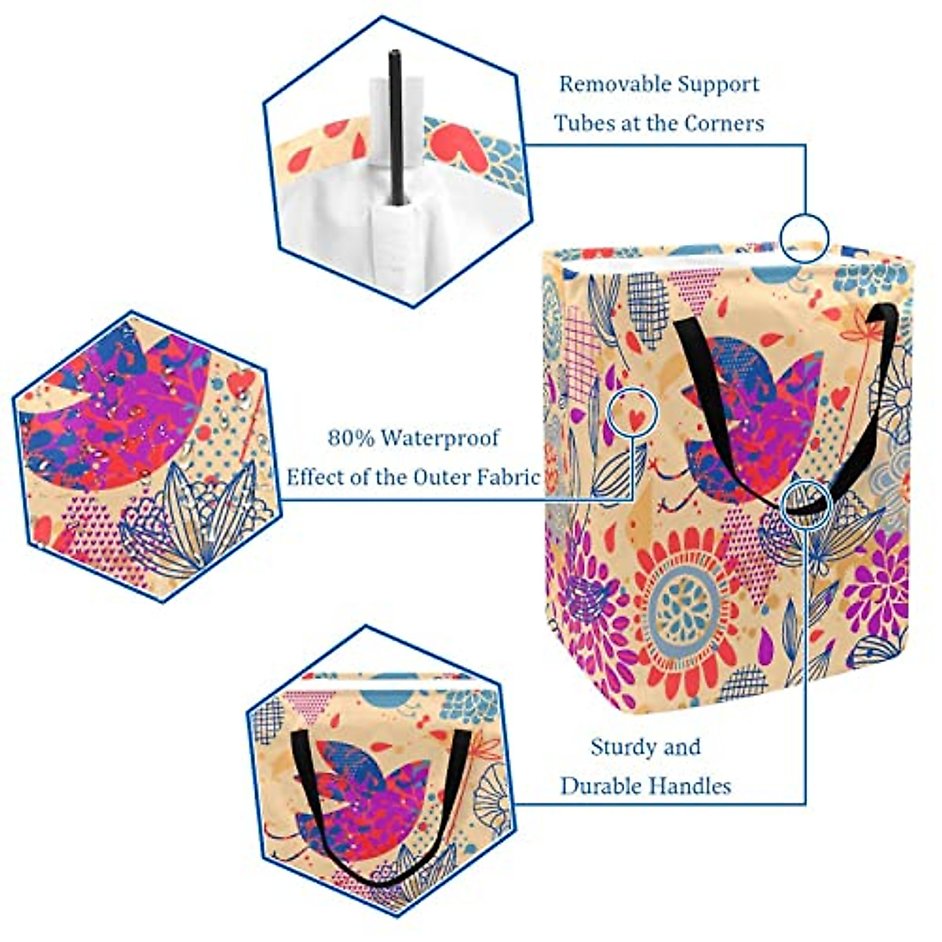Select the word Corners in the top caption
click(725, 123)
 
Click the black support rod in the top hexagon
click(395, 126)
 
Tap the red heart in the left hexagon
click(240, 383)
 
